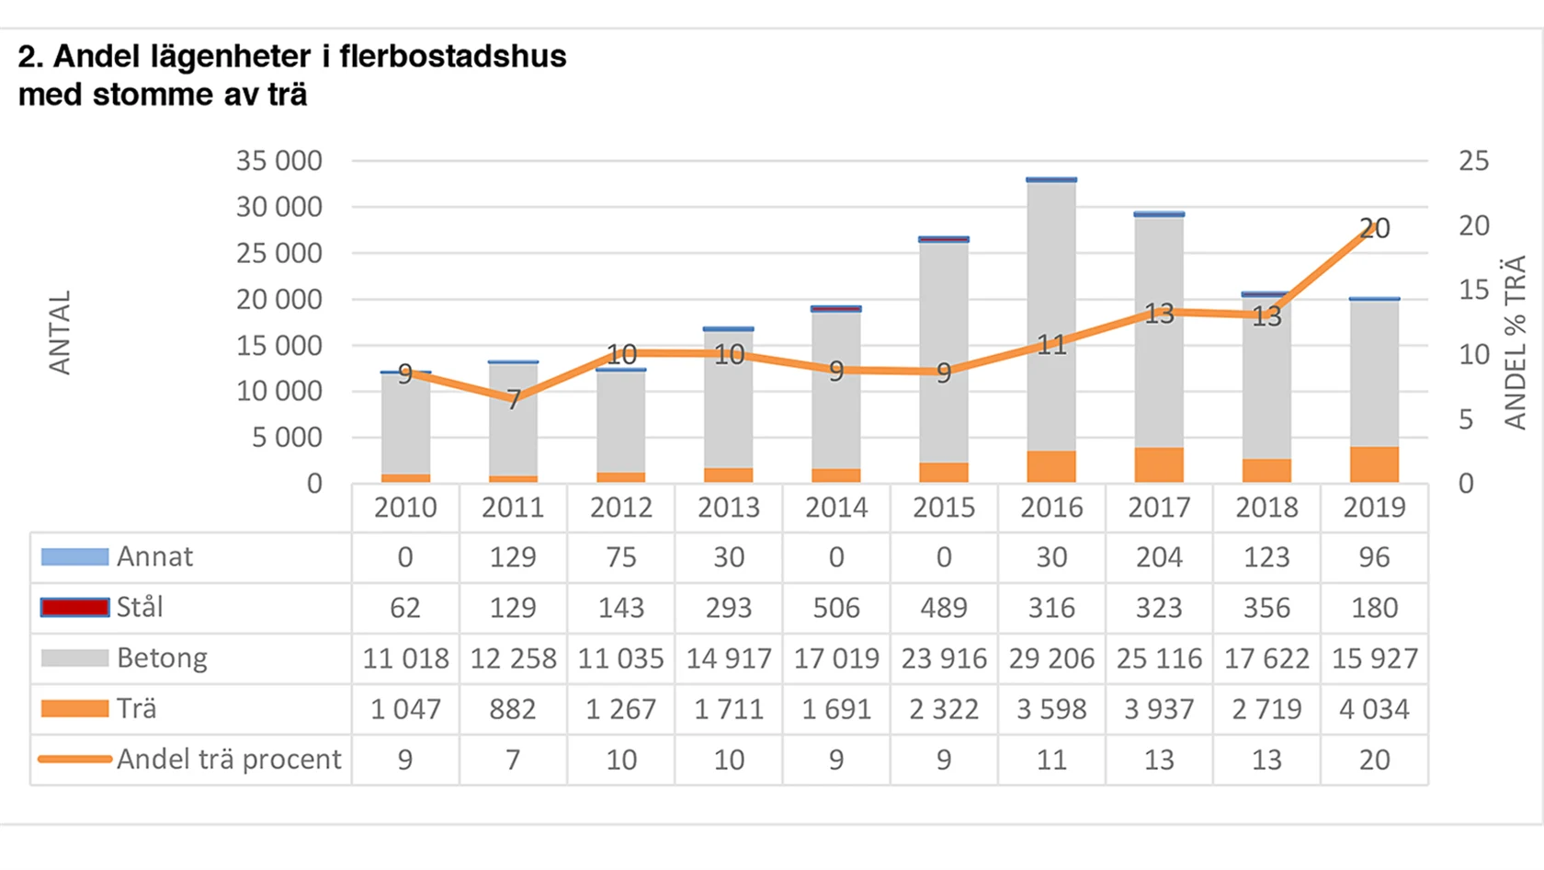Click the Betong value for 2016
[x=1051, y=658]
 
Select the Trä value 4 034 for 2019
[x=1374, y=709]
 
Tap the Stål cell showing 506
[x=836, y=608]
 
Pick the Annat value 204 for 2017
[x=1159, y=557]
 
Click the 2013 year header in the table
[x=729, y=508]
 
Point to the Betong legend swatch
[x=74, y=658]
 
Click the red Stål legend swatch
[x=74, y=608]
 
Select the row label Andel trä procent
[x=228, y=760]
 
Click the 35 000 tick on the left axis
[x=278, y=161]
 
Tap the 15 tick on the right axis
[x=1473, y=290]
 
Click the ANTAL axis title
[x=60, y=333]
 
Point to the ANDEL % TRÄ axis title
[x=1515, y=342]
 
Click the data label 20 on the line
[x=1374, y=228]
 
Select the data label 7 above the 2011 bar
[x=513, y=399]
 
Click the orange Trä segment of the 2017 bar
[x=1159, y=465]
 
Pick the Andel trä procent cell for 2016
[x=1051, y=760]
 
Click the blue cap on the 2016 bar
[x=1051, y=179]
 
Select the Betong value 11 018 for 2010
[x=405, y=658]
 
